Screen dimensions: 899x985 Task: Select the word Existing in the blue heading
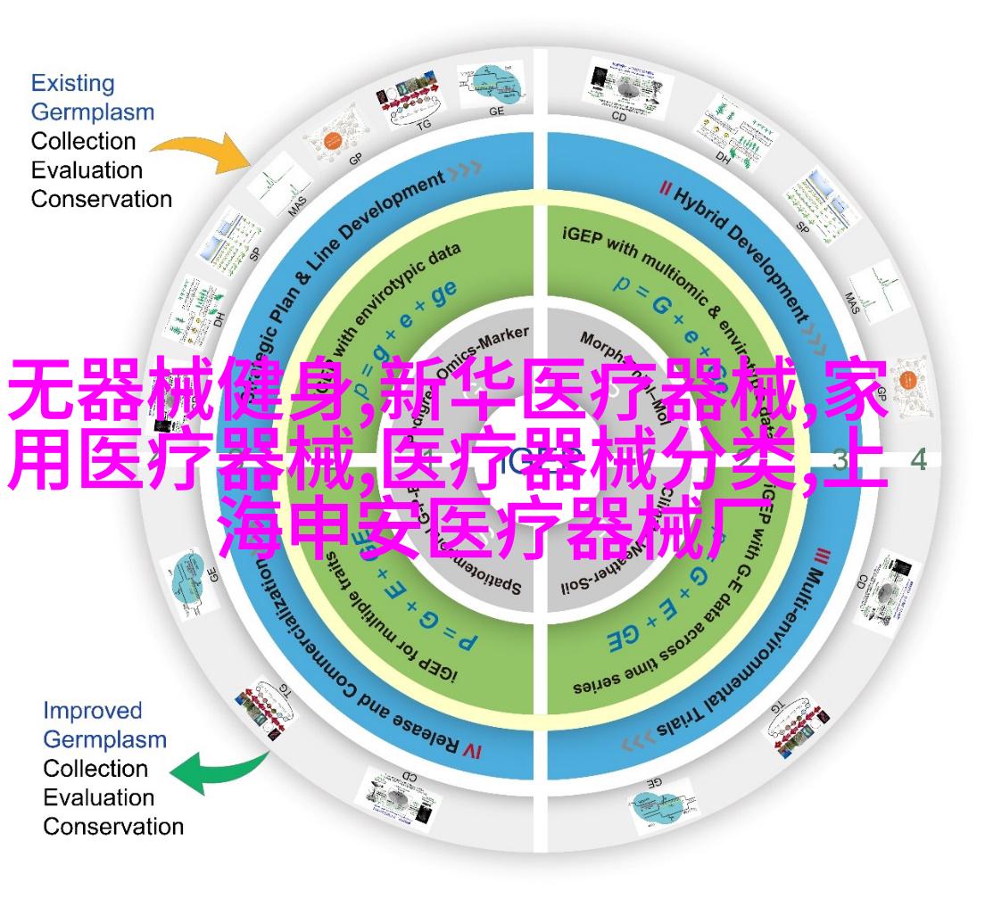[x=72, y=84]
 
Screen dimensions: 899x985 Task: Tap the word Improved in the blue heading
[x=93, y=711]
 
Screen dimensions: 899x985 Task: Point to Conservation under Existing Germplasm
[x=101, y=198]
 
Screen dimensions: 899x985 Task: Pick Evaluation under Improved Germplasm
[x=98, y=797]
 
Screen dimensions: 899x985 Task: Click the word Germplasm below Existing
[x=92, y=112]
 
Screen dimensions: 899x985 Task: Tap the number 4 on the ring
[x=919, y=460]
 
